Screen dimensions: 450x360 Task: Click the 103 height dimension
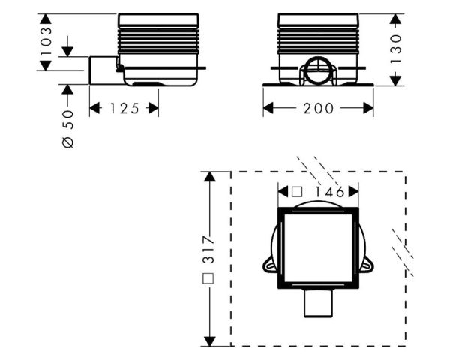tap(46, 41)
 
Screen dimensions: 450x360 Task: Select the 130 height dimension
tap(395, 49)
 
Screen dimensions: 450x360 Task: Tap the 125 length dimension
tap(124, 108)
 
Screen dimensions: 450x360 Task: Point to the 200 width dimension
tap(318, 108)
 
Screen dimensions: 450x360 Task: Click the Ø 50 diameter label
tap(68, 129)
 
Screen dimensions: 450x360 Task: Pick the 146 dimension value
tap(330, 192)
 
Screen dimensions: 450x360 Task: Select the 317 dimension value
tap(208, 250)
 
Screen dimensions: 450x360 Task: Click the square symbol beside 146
tap(297, 192)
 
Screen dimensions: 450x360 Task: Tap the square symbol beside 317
tap(208, 278)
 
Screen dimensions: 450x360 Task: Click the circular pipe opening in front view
tap(318, 70)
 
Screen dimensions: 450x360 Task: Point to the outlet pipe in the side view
tap(103, 70)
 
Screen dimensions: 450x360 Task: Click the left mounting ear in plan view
tap(270, 264)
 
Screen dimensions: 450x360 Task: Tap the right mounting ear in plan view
tap(367, 264)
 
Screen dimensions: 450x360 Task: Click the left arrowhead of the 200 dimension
tap(268, 108)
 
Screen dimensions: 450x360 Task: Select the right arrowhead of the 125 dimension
tap(154, 108)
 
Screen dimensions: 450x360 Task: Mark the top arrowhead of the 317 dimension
tap(210, 176)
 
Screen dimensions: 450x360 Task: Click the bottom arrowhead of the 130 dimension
tap(395, 80)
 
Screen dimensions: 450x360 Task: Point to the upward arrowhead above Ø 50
tap(67, 89)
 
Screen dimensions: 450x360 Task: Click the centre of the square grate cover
tap(318, 248)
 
